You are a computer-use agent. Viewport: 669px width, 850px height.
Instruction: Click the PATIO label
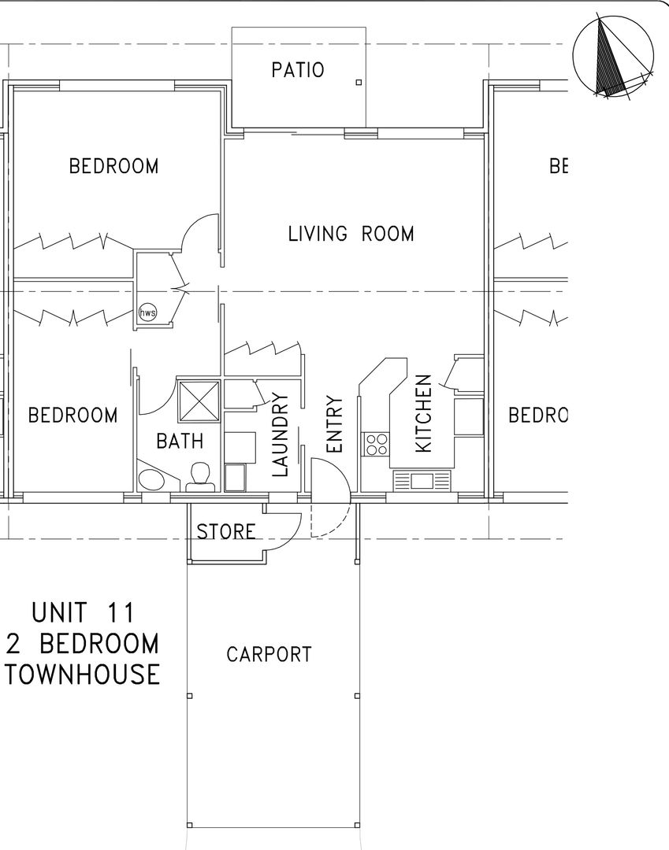(298, 70)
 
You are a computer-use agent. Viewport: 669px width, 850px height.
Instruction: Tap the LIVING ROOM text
(351, 234)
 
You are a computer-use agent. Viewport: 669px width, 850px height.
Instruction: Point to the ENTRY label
(334, 424)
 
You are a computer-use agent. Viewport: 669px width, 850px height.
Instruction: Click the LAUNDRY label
(281, 435)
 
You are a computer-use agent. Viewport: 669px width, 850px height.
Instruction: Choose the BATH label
(180, 441)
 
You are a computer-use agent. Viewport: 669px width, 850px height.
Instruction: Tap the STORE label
(225, 532)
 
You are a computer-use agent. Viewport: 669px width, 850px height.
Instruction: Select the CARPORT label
(269, 654)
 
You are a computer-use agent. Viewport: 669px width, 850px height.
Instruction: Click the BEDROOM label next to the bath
(73, 415)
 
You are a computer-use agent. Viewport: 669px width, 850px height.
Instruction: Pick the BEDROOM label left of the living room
(113, 166)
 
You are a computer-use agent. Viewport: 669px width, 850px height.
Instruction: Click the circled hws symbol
(147, 312)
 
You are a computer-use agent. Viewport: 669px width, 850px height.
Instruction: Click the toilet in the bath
(202, 475)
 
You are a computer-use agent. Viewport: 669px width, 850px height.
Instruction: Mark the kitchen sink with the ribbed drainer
(422, 480)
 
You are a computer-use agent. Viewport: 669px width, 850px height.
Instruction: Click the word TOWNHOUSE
(82, 674)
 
